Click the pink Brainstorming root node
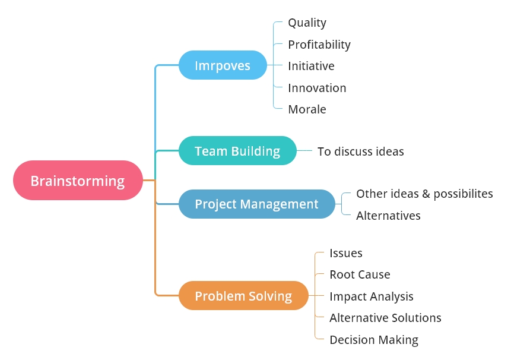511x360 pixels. coord(78,181)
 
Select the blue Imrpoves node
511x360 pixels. coord(223,65)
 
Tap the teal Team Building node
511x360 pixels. coord(237,151)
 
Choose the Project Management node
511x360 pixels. coord(256,204)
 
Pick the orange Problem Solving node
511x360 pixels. coord(243,296)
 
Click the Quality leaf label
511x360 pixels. coord(307,23)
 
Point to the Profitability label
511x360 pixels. coord(319,45)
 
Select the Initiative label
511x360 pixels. coord(311,66)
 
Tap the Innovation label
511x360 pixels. coord(317,88)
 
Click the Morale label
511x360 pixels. coord(307,109)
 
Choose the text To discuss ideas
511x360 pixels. coord(360,151)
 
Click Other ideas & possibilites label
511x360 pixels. coord(424,194)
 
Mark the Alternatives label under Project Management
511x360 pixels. coord(388,216)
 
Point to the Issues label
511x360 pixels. coord(346,253)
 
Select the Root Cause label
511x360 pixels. coord(360,274)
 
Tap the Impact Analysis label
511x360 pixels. coord(372,296)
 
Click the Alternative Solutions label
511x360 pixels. coord(385,318)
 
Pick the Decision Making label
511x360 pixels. coord(374,340)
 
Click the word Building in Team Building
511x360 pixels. coord(255,151)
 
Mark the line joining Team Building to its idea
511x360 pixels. coord(304,151)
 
